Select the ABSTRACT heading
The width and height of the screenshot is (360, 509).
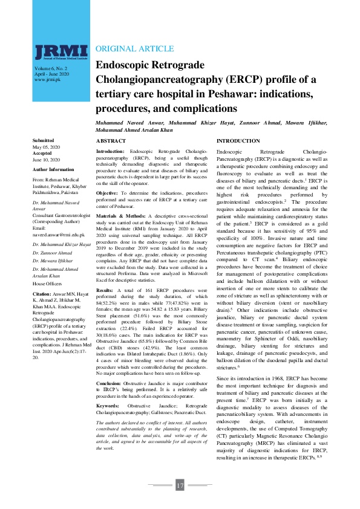111,140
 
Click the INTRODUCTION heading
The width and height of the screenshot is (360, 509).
238,140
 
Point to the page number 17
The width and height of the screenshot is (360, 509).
180,485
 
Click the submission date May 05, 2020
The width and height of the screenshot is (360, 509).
44,147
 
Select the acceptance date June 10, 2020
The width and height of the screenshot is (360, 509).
46,160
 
